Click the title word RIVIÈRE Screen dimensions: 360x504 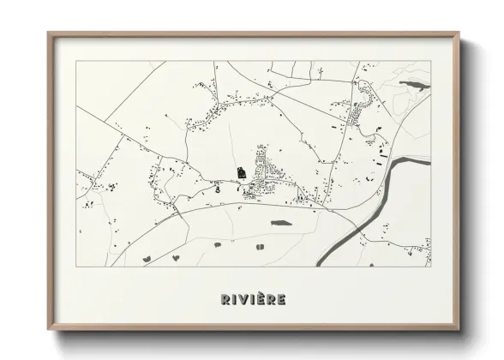click(253, 299)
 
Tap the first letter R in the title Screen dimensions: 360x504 click(225, 299)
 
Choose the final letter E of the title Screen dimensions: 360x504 click(282, 299)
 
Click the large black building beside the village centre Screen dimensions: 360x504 click(243, 171)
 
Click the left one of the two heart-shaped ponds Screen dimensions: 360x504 click(146, 257)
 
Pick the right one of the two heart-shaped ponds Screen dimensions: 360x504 click(176, 257)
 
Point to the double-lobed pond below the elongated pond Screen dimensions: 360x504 click(260, 246)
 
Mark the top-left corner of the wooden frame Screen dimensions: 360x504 click(49, 33)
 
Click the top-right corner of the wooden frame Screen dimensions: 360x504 click(459, 33)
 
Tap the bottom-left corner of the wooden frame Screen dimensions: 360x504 click(49, 330)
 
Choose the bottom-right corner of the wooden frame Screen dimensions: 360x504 click(459, 330)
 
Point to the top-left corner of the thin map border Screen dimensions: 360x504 click(76, 61)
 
